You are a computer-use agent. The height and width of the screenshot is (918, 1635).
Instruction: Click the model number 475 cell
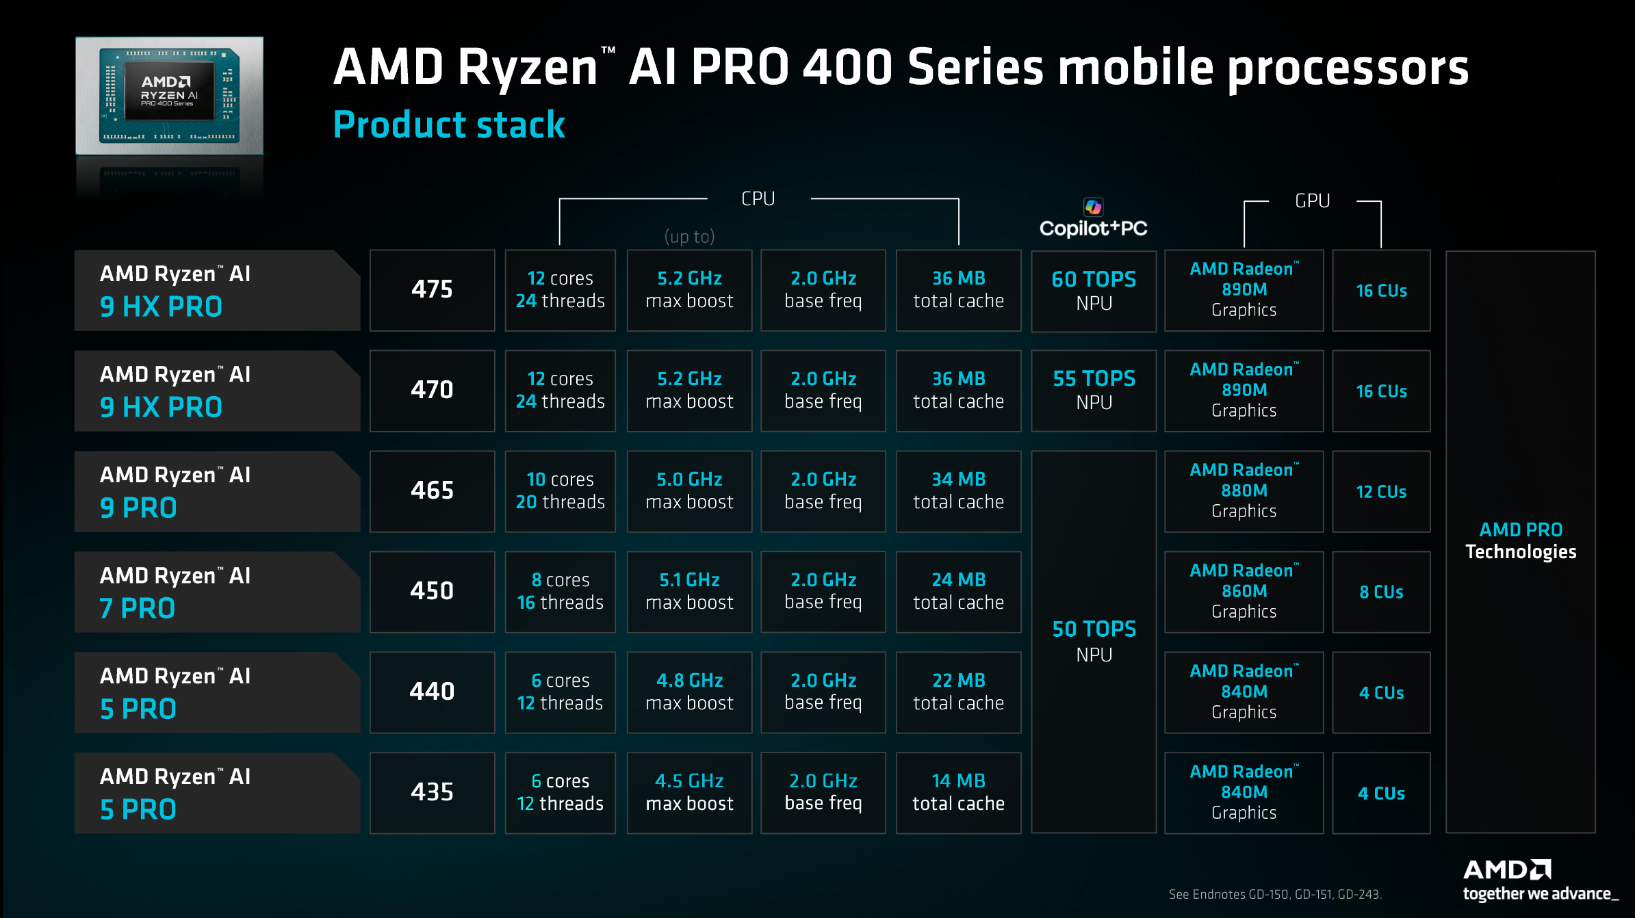[432, 290]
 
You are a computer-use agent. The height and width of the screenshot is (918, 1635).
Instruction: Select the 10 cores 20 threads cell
[560, 491]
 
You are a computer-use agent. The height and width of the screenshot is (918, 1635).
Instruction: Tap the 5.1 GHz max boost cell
[689, 592]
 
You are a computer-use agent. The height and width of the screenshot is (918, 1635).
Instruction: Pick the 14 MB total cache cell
[958, 793]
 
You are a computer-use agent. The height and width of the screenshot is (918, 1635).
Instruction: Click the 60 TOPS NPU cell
[1093, 291]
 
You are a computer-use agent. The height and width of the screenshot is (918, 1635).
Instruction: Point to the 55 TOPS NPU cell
[1093, 391]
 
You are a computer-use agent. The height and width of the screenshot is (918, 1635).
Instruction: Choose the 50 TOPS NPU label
[1094, 641]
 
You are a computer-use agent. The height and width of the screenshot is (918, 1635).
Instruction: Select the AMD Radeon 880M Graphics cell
[1244, 491]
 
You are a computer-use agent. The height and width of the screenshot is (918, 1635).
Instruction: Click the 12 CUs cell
[1381, 492]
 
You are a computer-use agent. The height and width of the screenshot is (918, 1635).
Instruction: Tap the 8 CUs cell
[1381, 592]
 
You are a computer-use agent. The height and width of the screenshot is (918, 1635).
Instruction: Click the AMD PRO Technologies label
[1520, 540]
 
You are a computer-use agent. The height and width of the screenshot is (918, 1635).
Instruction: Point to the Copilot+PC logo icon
[1093, 207]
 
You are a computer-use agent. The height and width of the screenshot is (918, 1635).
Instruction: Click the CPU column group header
[758, 199]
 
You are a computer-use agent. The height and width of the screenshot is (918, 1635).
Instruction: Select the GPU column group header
[1312, 201]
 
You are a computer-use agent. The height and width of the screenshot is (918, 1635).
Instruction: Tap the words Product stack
[449, 125]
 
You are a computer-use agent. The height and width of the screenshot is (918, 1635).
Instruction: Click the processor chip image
[169, 96]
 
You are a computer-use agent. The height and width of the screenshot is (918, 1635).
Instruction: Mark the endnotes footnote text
[1274, 894]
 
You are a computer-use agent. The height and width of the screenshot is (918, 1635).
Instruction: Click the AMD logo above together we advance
[1506, 869]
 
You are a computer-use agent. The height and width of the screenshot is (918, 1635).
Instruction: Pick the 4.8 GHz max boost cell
[689, 692]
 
